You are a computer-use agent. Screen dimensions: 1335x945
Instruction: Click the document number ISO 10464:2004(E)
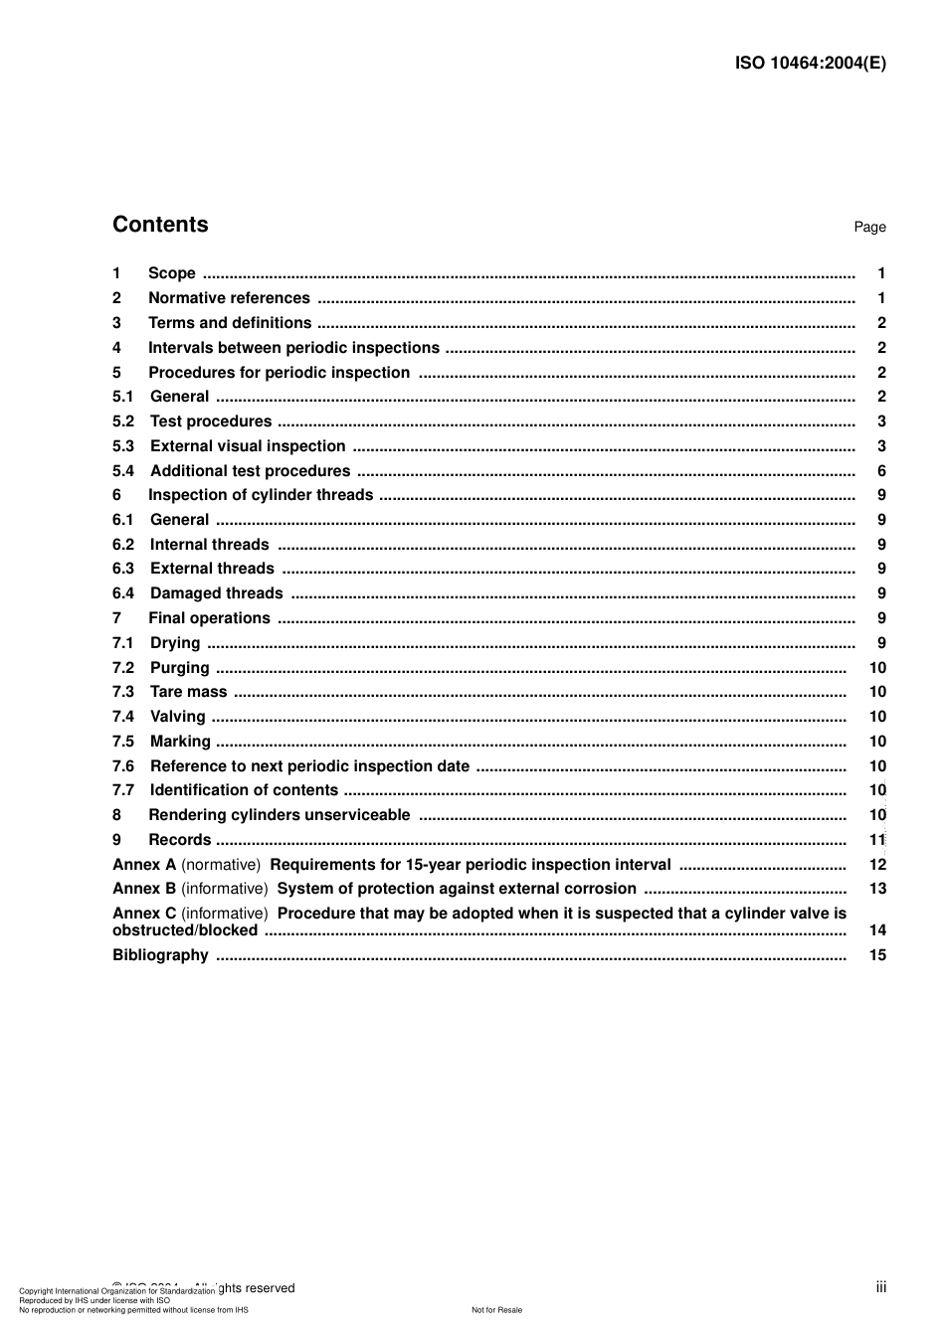pyautogui.click(x=810, y=63)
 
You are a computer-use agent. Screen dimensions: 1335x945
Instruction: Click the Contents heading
pyautogui.click(x=160, y=225)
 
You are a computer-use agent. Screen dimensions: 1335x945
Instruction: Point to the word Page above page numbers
pyautogui.click(x=869, y=228)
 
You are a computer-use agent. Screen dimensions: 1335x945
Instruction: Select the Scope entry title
pyautogui.click(x=172, y=273)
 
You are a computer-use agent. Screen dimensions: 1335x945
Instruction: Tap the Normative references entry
pyautogui.click(x=229, y=298)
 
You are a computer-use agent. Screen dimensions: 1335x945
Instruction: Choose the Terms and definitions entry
pyautogui.click(x=230, y=323)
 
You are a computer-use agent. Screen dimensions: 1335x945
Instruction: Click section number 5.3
pyautogui.click(x=123, y=446)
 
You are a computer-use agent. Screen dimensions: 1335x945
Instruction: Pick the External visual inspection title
pyautogui.click(x=248, y=446)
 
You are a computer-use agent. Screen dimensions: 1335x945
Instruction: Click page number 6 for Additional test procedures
pyautogui.click(x=881, y=471)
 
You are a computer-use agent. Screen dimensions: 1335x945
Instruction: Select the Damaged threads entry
pyautogui.click(x=217, y=593)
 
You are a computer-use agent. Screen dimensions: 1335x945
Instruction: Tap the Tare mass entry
pyautogui.click(x=188, y=692)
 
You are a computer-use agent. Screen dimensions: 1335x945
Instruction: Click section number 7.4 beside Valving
pyautogui.click(x=123, y=717)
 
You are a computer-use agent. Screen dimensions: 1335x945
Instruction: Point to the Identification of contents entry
pyautogui.click(x=244, y=790)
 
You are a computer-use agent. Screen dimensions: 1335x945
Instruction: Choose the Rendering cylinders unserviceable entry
pyautogui.click(x=279, y=815)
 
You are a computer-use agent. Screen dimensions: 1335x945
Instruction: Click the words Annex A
pyautogui.click(x=144, y=865)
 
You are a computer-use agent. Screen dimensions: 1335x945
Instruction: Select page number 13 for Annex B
pyautogui.click(x=877, y=889)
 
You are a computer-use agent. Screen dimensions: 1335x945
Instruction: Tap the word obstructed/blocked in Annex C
pyautogui.click(x=185, y=930)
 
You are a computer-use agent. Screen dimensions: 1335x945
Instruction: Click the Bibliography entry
pyautogui.click(x=160, y=955)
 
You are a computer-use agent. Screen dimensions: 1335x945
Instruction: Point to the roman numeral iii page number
pyautogui.click(x=881, y=1287)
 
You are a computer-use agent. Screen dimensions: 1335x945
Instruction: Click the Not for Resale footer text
pyautogui.click(x=496, y=1310)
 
